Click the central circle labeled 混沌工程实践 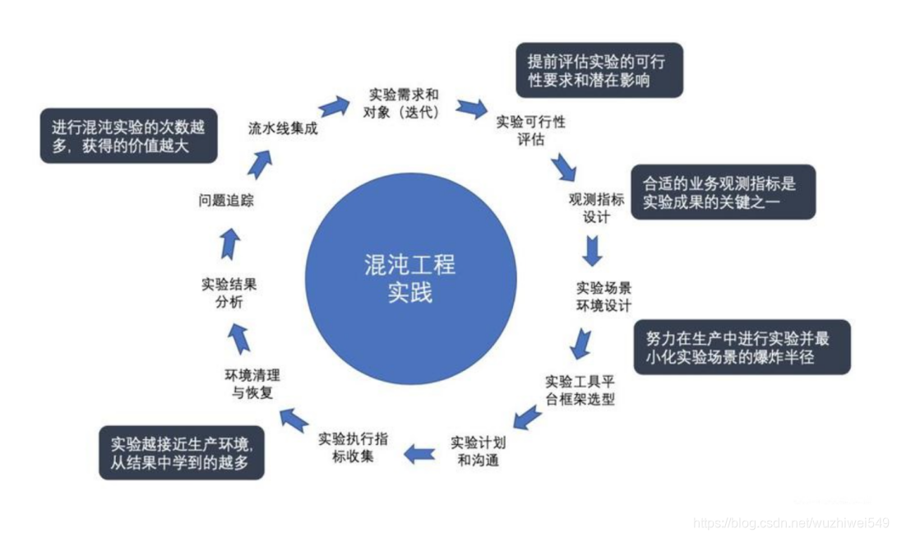click(x=410, y=278)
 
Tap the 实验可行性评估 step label click(x=531, y=130)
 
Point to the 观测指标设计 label click(x=597, y=208)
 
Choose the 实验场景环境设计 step click(x=603, y=296)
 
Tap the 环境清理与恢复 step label click(x=252, y=383)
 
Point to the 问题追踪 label click(x=226, y=201)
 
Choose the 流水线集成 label click(x=283, y=128)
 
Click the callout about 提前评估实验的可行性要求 click(x=599, y=71)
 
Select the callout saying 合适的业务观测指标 click(x=723, y=192)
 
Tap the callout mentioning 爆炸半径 click(x=742, y=347)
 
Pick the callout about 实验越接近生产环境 click(x=183, y=453)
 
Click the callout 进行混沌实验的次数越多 click(x=129, y=137)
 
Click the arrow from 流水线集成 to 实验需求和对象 click(x=334, y=105)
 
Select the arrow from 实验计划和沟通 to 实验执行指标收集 click(x=419, y=452)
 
